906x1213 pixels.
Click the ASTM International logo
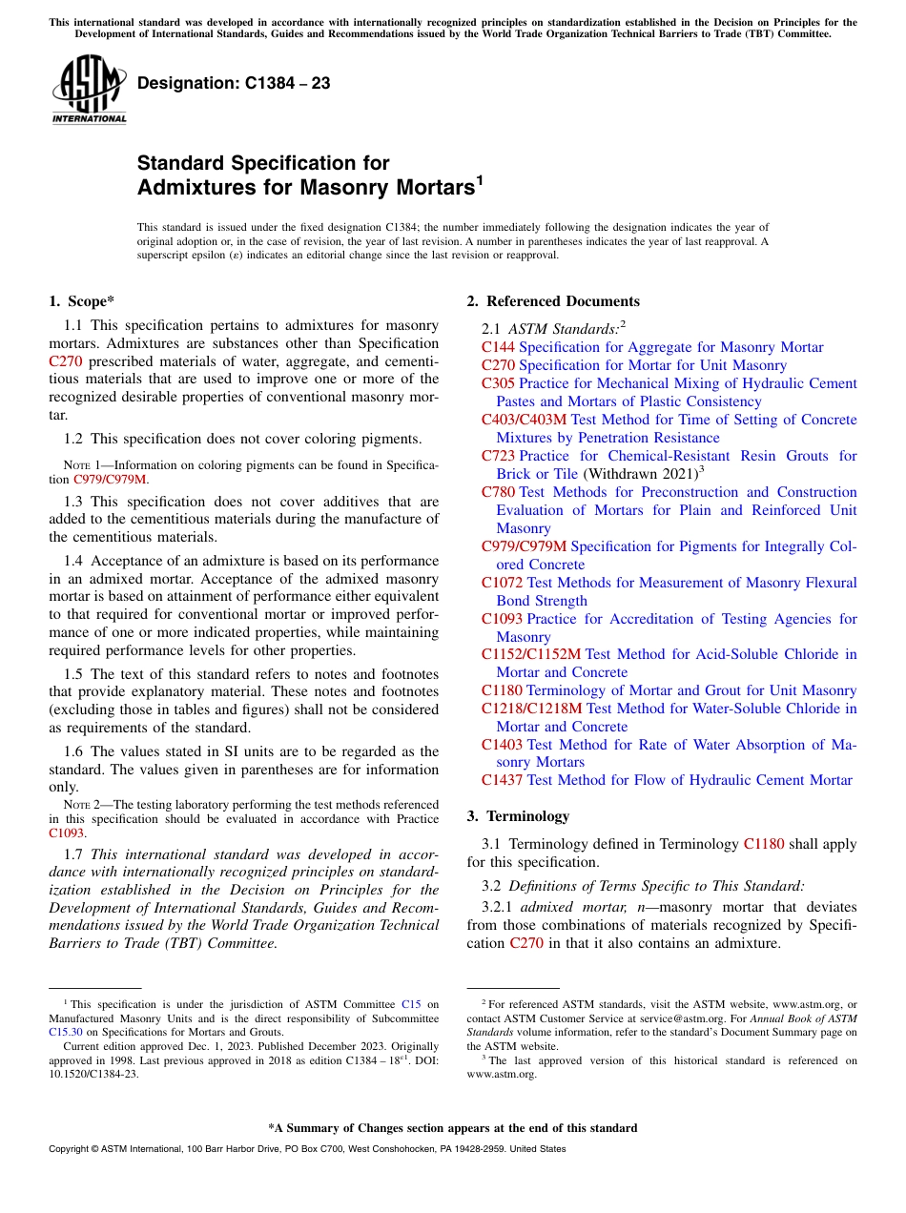[89, 90]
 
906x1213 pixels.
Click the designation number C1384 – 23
[234, 84]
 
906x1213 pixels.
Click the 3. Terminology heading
[518, 816]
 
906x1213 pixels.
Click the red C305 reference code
[498, 383]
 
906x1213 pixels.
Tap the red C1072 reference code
[502, 583]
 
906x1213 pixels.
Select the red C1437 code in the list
[502, 780]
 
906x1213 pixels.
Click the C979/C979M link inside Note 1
[111, 480]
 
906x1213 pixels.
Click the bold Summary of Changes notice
[452, 1128]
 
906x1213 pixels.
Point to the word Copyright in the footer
[71, 1149]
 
